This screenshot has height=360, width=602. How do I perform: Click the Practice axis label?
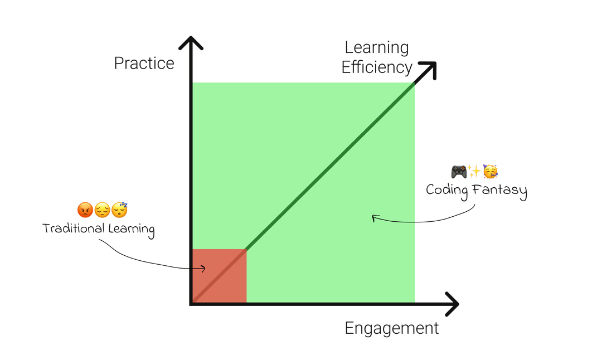(144, 64)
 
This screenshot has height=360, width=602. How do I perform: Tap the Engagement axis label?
(392, 329)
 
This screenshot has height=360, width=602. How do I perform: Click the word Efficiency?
(377, 67)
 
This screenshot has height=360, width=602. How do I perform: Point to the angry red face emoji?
(85, 210)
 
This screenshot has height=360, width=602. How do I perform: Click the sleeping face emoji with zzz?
(119, 210)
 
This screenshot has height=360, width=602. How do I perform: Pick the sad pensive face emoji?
(102, 210)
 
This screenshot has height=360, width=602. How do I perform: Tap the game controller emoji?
(459, 172)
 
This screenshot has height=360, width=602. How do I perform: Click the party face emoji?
(491, 172)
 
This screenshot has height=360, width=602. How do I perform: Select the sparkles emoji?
(474, 171)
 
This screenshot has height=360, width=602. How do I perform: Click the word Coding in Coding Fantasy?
(447, 191)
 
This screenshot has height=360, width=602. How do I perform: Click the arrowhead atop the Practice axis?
(191, 43)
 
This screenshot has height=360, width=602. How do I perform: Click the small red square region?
(219, 276)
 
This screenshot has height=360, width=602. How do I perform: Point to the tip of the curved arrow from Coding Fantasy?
(372, 217)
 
